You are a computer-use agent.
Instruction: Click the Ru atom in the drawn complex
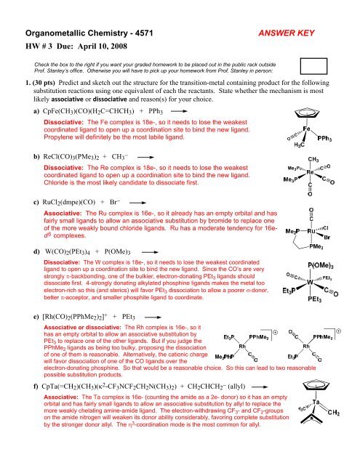coord(310,254)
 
